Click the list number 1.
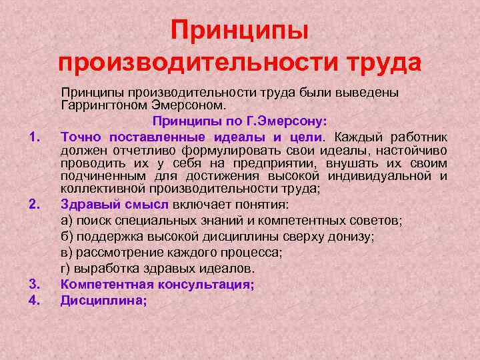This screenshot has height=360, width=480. point(35,137)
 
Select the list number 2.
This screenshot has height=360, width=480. point(35,204)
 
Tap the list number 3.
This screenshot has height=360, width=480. point(35,284)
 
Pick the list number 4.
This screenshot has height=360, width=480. point(35,300)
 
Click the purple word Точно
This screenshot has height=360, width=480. point(81,137)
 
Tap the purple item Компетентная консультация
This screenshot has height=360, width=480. point(157,284)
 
